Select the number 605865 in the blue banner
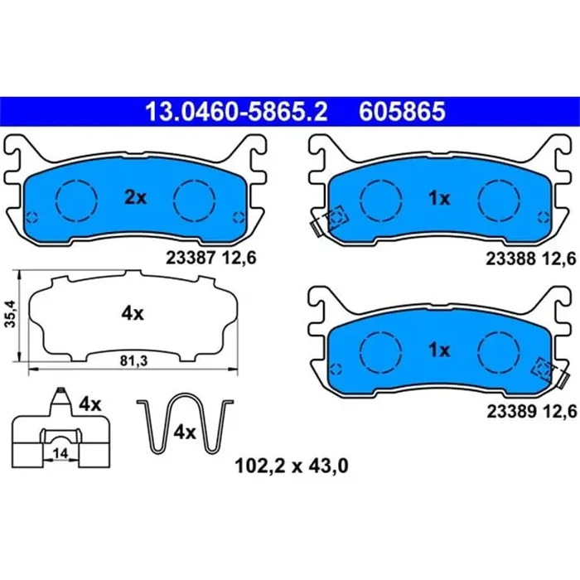coord(402,109)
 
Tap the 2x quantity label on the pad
coord(135,197)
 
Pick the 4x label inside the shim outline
coord(133,314)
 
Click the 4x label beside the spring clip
coord(184,433)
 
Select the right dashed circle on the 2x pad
coord(194,199)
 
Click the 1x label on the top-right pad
coord(439,197)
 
